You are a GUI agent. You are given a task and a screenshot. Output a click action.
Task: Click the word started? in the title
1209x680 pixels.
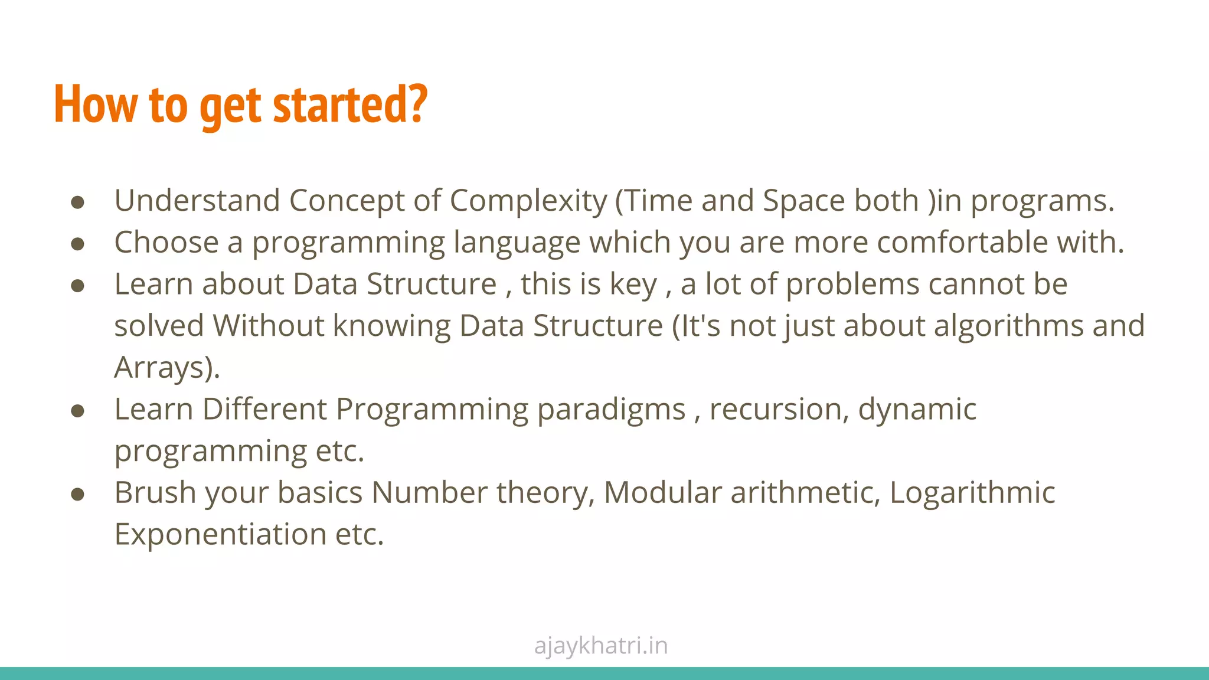coord(350,104)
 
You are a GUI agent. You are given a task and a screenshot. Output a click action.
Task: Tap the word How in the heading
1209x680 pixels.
coord(94,104)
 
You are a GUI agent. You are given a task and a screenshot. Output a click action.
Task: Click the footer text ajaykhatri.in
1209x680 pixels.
coord(601,646)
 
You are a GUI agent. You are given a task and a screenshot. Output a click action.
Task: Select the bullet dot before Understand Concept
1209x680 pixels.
coord(77,202)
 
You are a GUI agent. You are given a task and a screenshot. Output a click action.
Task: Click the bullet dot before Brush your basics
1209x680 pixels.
coord(77,494)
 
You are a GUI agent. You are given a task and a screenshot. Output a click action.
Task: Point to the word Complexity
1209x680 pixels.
coord(528,201)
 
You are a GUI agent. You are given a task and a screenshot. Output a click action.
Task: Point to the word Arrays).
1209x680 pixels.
coord(167,368)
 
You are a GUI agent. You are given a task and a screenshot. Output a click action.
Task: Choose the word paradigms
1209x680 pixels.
coord(611,410)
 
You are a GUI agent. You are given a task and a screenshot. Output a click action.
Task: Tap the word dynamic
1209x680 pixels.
coord(917,410)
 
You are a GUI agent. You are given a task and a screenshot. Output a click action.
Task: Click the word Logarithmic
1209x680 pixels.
coord(972,493)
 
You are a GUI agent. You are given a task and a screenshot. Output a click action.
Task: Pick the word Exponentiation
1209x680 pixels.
coord(220,534)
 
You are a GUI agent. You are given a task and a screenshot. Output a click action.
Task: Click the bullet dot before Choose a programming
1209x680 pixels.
coord(77,244)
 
